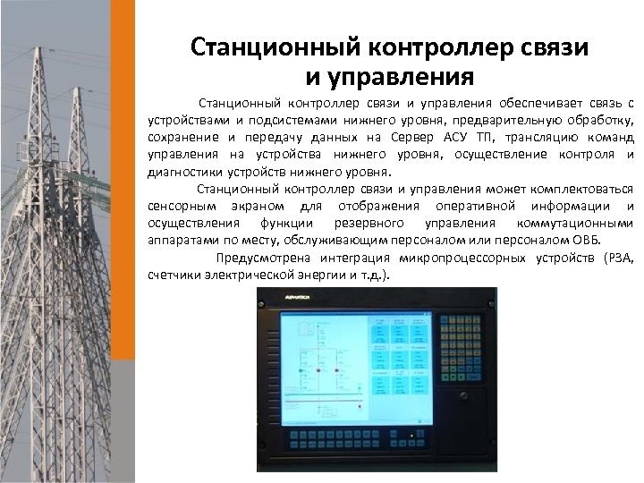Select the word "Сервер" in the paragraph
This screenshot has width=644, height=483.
(411, 138)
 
